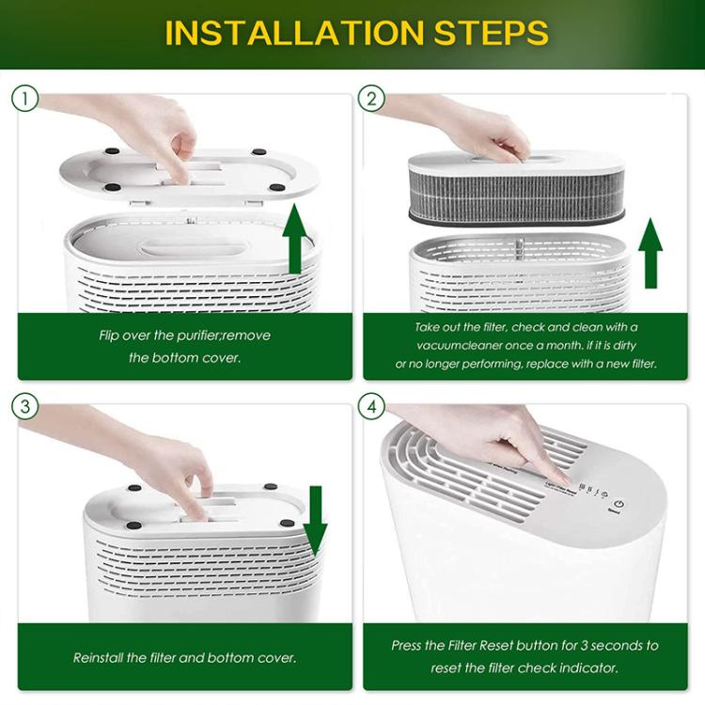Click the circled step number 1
click(25, 97)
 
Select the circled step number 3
click(25, 406)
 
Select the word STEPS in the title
click(492, 33)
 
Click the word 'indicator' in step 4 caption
click(587, 668)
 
